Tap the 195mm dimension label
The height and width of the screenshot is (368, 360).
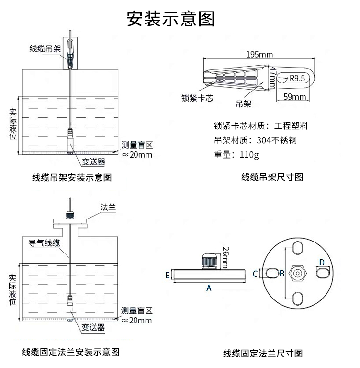(x=259, y=54)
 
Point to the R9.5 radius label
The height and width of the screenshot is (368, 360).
(x=297, y=79)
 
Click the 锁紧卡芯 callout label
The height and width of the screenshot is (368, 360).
(x=197, y=97)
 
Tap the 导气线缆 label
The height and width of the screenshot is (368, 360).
(x=45, y=243)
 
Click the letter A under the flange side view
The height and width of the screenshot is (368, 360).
(x=208, y=287)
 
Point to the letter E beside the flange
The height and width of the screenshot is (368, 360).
(x=167, y=275)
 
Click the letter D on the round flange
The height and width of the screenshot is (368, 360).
(x=322, y=262)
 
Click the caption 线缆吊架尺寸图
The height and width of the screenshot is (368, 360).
(x=272, y=177)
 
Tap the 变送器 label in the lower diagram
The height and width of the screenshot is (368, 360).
(x=93, y=328)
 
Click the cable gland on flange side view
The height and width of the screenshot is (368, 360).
(x=209, y=261)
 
